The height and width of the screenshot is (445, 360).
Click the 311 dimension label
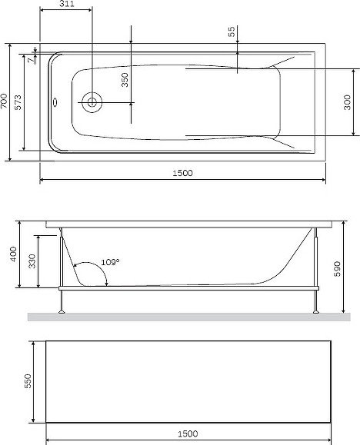click(67, 4)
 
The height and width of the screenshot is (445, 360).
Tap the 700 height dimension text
click(4, 101)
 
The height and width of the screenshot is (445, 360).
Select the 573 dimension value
click(18, 102)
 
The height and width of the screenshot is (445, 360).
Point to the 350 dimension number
click(125, 80)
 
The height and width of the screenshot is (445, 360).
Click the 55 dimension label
click(232, 32)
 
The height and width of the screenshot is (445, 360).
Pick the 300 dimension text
click(347, 102)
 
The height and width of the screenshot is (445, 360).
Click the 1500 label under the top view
click(183, 173)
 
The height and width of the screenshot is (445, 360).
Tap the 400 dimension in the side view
click(13, 254)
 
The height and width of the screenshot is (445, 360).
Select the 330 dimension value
click(32, 261)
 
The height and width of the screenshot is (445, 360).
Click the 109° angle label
click(110, 262)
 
